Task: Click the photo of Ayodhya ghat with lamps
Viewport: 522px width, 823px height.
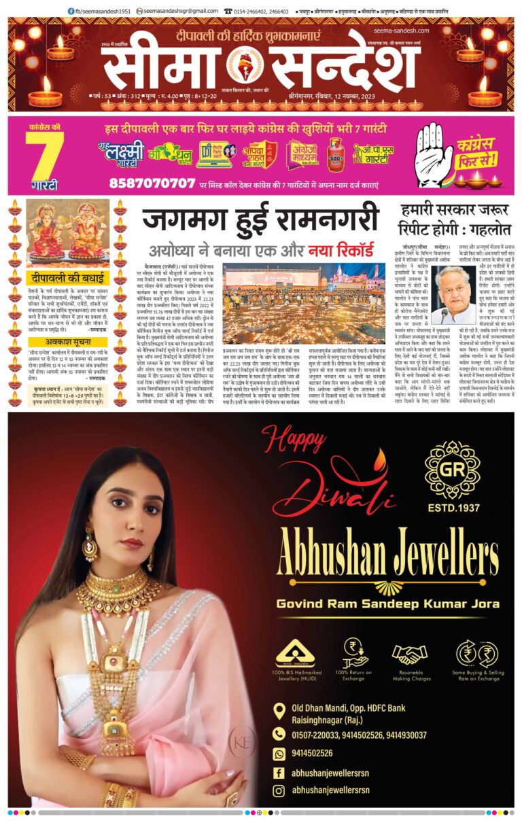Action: pos(304,302)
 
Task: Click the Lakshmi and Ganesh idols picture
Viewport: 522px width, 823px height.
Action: pos(68,233)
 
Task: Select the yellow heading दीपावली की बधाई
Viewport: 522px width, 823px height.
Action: pos(68,277)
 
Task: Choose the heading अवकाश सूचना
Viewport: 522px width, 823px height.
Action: pos(68,343)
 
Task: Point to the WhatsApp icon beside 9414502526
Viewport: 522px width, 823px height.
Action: pos(279,753)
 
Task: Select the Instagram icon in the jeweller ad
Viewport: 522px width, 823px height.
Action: pos(279,790)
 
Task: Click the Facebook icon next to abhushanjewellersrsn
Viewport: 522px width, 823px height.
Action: pos(279,772)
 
